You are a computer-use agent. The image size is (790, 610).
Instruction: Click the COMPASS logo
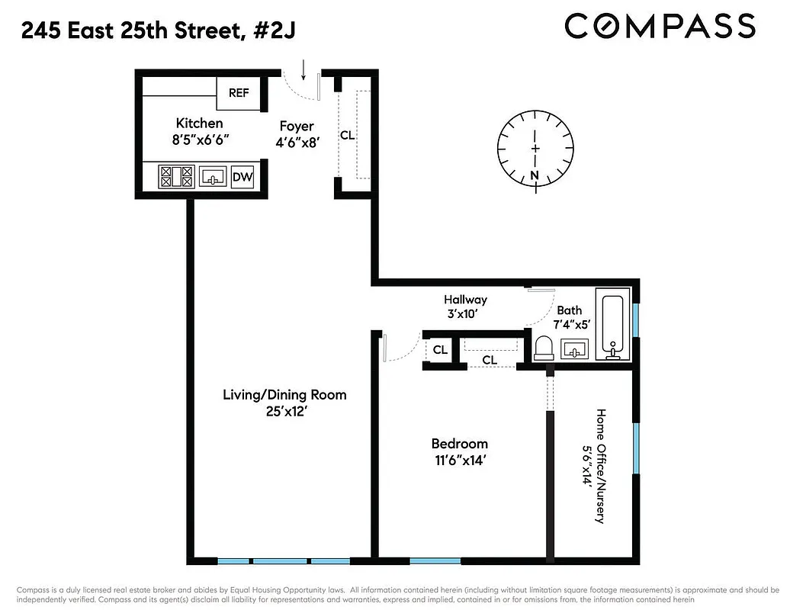point(660,27)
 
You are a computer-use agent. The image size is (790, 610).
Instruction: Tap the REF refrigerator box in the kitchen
point(239,93)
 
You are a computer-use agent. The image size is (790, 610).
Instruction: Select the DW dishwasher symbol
point(242,177)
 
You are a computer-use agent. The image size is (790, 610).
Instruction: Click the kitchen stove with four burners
point(176,177)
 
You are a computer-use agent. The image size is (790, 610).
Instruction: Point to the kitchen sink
point(213,177)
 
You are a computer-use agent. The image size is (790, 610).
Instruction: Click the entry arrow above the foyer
point(304,70)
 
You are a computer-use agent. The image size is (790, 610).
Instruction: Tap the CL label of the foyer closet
point(347,136)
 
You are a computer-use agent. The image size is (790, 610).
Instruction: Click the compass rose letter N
point(535,175)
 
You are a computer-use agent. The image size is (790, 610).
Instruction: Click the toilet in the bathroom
point(544,349)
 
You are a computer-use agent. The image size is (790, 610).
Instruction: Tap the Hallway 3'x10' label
point(465,307)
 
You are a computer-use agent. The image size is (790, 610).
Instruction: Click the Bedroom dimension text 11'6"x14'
point(459,461)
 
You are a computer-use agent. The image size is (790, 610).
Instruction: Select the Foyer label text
point(297,126)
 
